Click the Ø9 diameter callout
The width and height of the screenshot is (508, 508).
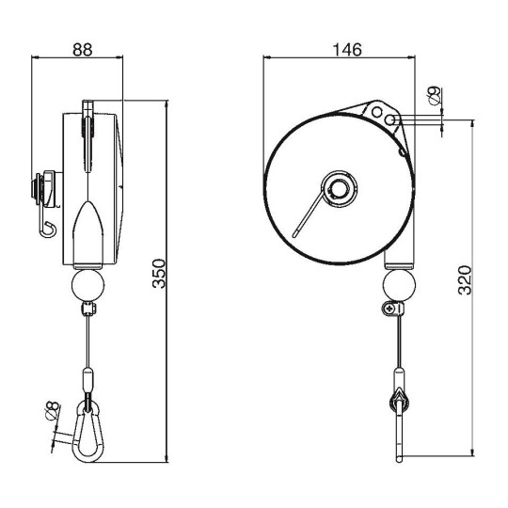(434, 95)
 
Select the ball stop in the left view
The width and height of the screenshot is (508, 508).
(89, 284)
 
